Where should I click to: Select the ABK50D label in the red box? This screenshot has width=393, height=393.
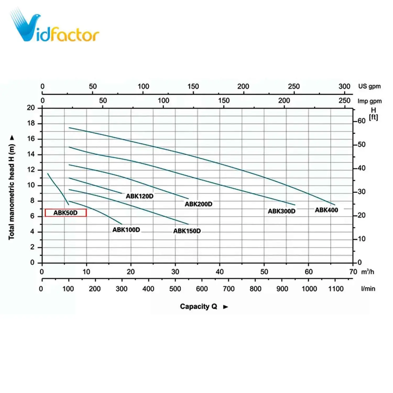tap(65, 213)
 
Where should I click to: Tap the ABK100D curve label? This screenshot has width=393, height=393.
tap(126, 230)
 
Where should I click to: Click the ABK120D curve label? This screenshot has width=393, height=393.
tap(139, 196)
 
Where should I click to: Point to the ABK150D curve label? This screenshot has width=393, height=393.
tap(187, 231)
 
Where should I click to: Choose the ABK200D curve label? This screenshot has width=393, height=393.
tap(198, 204)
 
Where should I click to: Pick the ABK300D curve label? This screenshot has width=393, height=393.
tap(281, 211)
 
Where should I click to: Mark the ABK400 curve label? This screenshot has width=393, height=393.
tap(326, 210)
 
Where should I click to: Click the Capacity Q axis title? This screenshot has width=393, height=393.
tap(198, 307)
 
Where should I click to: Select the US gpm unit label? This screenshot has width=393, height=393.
tap(369, 86)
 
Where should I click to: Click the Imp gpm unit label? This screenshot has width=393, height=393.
tap(369, 101)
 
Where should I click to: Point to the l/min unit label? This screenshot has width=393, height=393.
tap(368, 289)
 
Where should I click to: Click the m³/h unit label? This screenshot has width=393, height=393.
tap(368, 272)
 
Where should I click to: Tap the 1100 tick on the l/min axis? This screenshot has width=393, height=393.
tap(336, 289)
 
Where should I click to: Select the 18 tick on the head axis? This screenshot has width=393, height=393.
tap(31, 123)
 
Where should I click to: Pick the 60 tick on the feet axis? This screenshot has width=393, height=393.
tap(361, 121)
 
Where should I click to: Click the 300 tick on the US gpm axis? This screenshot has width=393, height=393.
tap(344, 86)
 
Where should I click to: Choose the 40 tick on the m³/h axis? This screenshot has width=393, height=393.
tap(220, 272)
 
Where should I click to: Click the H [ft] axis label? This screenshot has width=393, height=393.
tap(373, 114)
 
